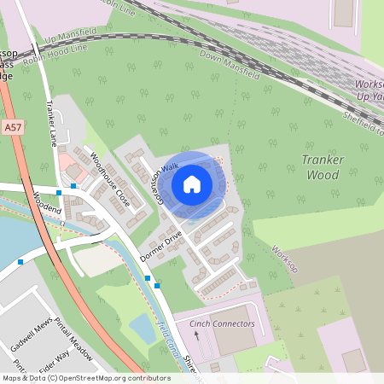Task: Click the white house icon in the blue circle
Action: [x=192, y=183]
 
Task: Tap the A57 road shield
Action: [x=11, y=127]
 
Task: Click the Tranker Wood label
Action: [x=323, y=167]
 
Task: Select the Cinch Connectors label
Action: [x=223, y=324]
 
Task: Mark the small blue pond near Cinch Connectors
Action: [x=143, y=328]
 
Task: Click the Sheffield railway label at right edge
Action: [x=362, y=119]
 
